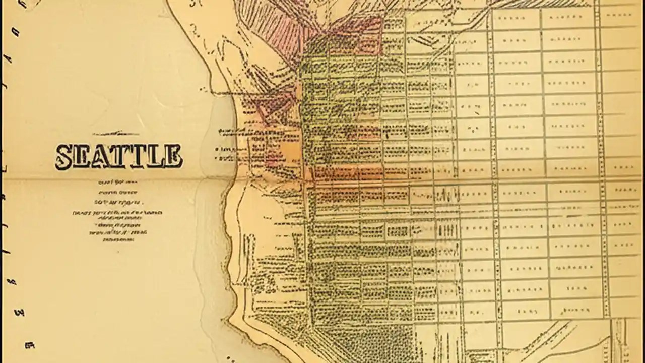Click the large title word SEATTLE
(118, 156)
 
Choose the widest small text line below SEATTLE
(117, 213)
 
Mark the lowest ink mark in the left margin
(29, 346)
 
